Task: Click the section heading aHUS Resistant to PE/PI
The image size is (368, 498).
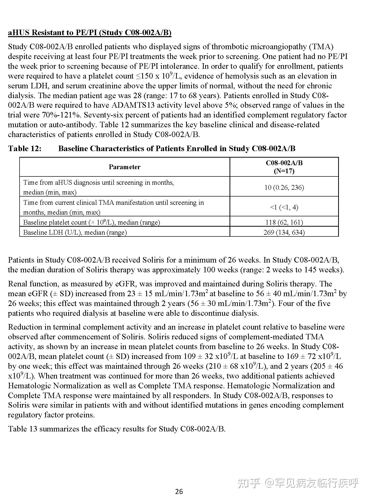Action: [90, 33]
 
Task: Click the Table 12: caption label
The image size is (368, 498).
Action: [25, 149]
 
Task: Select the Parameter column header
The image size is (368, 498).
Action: [124, 167]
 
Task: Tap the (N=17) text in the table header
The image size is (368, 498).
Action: [284, 171]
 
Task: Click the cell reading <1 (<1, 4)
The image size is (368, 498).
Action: [284, 207]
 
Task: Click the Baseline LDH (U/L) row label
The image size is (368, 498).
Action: [75, 232]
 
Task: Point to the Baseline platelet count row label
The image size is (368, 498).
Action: [91, 222]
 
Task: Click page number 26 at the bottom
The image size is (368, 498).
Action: [179, 491]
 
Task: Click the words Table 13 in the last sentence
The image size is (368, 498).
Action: [23, 429]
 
